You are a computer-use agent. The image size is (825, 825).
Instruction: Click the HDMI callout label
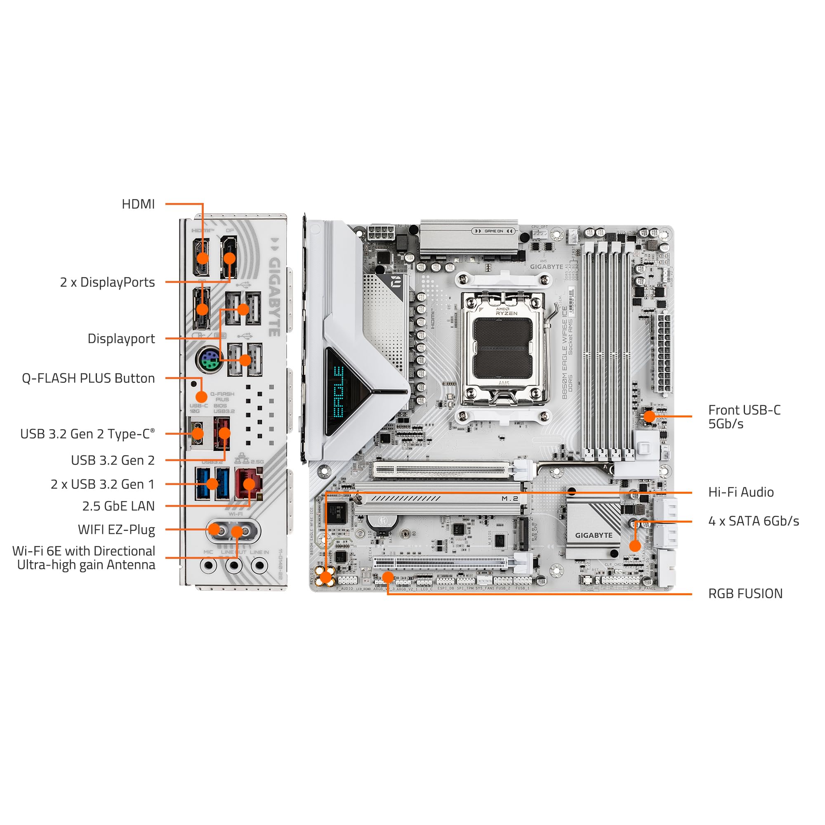tap(138, 204)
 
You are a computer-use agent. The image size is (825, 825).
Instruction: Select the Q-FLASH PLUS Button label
tap(88, 378)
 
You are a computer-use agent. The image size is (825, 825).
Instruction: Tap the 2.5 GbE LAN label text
tap(118, 506)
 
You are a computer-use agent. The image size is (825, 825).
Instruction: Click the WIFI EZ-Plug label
tap(116, 530)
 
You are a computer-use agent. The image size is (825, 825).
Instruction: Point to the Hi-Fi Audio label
tap(741, 493)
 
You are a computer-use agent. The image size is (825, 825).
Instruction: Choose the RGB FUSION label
tap(745, 594)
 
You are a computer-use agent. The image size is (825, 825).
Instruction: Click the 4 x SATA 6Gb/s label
tap(753, 521)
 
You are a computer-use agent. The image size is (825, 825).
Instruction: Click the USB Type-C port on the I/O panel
tap(198, 434)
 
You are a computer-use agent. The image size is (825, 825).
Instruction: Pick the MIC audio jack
tap(208, 566)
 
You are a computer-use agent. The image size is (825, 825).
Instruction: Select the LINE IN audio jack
tap(259, 566)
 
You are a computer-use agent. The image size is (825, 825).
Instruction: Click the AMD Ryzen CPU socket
tap(503, 348)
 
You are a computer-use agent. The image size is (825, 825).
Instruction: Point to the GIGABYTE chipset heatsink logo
tap(594, 535)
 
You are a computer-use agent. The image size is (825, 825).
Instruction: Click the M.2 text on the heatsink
tap(509, 498)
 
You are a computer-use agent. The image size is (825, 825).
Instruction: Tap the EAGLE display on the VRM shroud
tap(338, 391)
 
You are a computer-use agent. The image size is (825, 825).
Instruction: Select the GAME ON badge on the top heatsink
tap(493, 231)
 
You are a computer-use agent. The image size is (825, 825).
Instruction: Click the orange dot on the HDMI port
tap(203, 258)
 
